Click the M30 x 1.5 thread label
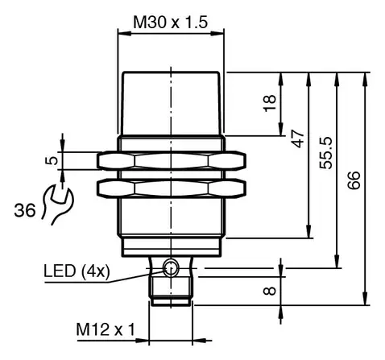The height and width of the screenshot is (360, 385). (171, 22)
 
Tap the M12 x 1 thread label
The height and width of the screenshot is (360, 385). (106, 329)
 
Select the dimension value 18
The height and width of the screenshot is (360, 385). (270, 103)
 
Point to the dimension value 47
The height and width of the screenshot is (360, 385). (298, 139)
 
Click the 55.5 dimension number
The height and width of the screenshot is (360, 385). (326, 153)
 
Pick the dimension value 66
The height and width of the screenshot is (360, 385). (354, 180)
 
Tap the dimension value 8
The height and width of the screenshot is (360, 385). (270, 291)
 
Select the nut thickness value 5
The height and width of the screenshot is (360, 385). (52, 160)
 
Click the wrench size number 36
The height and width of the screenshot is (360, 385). (25, 210)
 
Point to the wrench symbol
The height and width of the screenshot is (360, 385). (58, 204)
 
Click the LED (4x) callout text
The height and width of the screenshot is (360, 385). (77, 271)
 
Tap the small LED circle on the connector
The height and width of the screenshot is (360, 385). (171, 268)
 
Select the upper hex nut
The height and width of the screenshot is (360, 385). (172, 161)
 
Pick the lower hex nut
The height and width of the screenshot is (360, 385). (172, 188)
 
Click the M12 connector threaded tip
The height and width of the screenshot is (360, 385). (171, 292)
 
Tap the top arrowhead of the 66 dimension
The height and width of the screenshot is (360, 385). (365, 79)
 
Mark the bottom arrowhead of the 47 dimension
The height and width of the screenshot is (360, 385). (309, 231)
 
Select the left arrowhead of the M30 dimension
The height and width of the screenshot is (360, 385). (125, 34)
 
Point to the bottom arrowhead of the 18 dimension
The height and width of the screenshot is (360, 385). (281, 129)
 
